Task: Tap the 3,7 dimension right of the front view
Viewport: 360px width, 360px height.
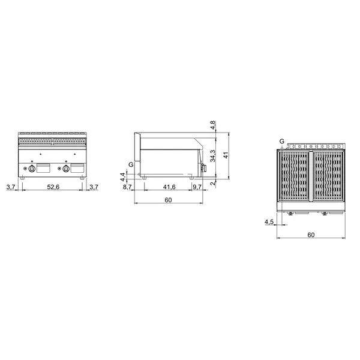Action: coord(93,188)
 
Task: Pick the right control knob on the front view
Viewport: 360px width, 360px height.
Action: coord(64,170)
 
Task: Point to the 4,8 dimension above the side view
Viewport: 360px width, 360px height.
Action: coord(212,126)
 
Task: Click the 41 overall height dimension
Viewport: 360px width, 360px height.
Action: coord(226,154)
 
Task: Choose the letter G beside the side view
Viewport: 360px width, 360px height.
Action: coord(131,164)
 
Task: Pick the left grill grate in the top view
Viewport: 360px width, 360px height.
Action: coord(294,178)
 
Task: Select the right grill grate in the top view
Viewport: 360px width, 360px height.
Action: coord(328,178)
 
